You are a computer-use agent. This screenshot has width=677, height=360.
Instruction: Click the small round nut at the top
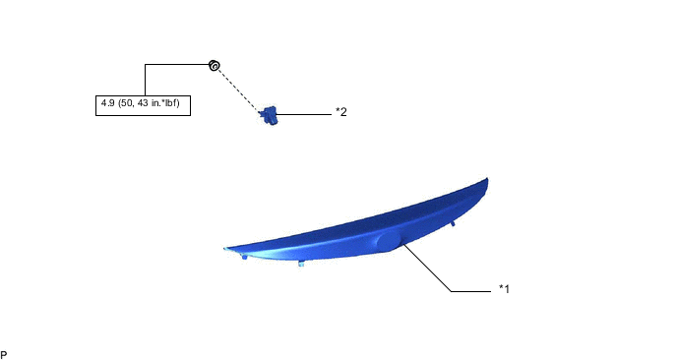(x=213, y=66)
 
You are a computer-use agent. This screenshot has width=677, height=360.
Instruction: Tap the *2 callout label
(x=340, y=112)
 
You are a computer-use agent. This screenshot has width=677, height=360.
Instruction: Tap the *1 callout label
(x=503, y=289)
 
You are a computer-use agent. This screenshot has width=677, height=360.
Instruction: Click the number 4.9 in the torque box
(x=107, y=103)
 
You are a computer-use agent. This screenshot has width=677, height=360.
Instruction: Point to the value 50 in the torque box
(x=128, y=103)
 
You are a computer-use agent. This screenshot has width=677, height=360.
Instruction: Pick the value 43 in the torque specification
(x=144, y=103)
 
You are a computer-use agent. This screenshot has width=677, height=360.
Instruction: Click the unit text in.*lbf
(x=168, y=103)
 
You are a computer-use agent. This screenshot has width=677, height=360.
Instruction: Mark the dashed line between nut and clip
(x=238, y=89)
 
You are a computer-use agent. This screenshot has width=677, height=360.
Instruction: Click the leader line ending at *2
(x=305, y=114)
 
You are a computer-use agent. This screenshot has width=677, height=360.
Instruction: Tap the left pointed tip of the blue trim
(x=227, y=248)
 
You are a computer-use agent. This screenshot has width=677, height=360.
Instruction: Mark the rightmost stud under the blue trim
(x=453, y=224)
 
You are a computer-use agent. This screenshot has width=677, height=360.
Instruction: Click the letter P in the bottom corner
(x=4, y=352)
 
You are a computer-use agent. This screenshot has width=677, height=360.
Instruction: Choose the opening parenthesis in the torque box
(x=119, y=103)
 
